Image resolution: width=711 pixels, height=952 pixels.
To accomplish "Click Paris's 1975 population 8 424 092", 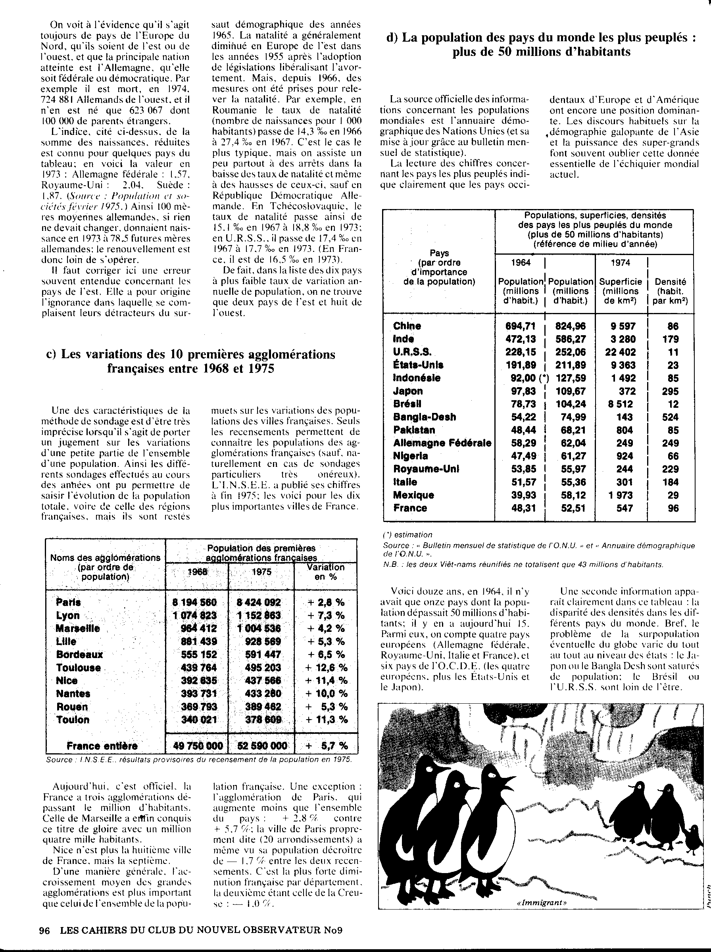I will click(259, 602).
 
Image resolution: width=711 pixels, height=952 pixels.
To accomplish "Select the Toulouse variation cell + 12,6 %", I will click(325, 668).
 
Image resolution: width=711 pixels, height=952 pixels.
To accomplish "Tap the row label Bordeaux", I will click(79, 654).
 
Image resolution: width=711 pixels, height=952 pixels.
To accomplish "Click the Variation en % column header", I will click(326, 572).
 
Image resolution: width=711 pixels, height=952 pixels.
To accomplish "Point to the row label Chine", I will click(407, 326).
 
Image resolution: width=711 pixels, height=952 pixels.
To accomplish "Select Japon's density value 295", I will click(671, 391).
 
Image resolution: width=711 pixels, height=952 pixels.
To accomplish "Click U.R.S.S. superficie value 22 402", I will click(620, 352).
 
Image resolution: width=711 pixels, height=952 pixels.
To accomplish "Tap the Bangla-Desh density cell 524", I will click(671, 417).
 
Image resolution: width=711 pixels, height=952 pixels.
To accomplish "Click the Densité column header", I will click(670, 291).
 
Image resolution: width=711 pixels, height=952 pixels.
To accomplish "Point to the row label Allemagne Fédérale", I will click(442, 443).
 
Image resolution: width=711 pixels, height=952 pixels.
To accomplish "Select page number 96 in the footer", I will click(45, 930).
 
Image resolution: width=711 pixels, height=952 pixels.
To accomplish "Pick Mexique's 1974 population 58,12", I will click(570, 495).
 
